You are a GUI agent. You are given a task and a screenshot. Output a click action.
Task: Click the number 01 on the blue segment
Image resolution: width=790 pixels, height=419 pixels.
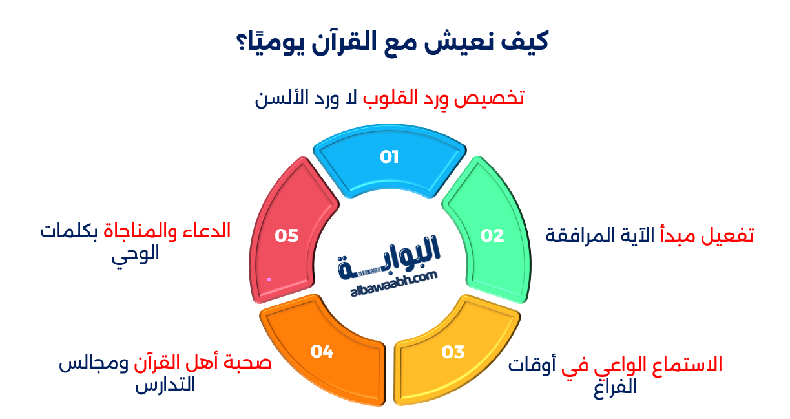pos(390,157)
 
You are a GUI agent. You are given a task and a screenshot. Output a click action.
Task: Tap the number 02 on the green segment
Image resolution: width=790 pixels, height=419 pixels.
pos(492,236)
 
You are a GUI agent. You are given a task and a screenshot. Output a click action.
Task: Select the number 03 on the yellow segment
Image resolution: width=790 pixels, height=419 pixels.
pos(453,352)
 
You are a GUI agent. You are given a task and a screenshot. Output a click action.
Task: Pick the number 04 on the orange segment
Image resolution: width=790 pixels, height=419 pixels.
pos(322,352)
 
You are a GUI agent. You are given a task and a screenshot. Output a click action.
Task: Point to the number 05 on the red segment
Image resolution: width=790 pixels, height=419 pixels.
pos(286,236)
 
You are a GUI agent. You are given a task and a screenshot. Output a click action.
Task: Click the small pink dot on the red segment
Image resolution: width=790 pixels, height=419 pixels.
pos(269,279)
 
